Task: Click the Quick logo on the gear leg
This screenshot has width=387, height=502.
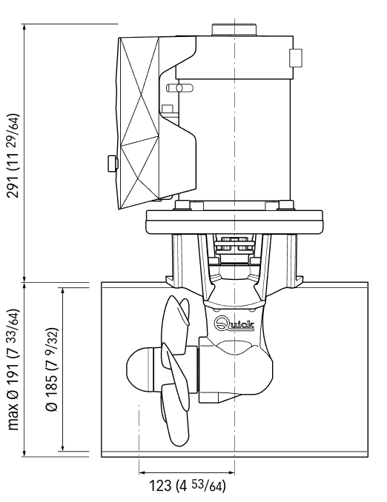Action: pyautogui.click(x=234, y=324)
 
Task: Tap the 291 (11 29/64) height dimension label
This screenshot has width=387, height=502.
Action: pyautogui.click(x=14, y=155)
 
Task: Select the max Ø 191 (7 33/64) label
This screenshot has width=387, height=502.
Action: pyautogui.click(x=14, y=369)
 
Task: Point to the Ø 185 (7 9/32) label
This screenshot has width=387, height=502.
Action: pyautogui.click(x=52, y=369)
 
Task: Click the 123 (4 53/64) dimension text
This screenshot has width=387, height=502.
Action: pyautogui.click(x=188, y=486)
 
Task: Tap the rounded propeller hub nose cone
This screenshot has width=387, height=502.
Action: pyautogui.click(x=140, y=369)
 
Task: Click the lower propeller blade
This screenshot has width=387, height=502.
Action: pyautogui.click(x=175, y=415)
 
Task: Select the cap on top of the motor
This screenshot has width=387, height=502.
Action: pyautogui.click(x=234, y=30)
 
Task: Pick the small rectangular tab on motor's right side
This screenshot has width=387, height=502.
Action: pyautogui.click(x=296, y=58)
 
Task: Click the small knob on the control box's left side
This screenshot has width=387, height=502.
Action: pyautogui.click(x=112, y=164)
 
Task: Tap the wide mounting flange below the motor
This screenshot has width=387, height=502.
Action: pyautogui.click(x=234, y=222)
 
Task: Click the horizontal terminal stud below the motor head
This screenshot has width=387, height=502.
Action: pyautogui.click(x=179, y=87)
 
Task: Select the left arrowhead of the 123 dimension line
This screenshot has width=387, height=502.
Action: pyautogui.click(x=142, y=472)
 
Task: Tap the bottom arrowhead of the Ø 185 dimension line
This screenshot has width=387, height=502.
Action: pyautogui.click(x=62, y=447)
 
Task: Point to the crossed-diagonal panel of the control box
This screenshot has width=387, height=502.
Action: pyautogui.click(x=138, y=123)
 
